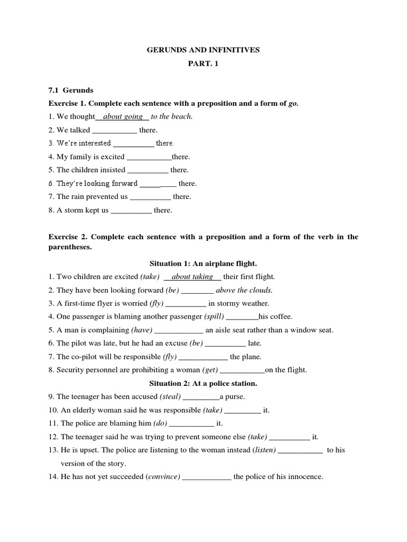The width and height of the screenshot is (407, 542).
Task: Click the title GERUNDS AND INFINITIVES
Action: click(x=203, y=50)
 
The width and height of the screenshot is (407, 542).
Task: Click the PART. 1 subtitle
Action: click(x=203, y=64)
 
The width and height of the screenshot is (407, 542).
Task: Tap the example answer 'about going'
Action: click(x=122, y=116)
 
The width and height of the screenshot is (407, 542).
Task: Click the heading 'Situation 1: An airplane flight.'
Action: click(x=203, y=263)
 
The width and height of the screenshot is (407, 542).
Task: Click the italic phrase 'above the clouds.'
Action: click(x=244, y=290)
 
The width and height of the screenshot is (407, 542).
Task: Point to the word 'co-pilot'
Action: click(x=82, y=357)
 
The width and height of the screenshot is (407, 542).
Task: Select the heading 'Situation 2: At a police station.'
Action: click(x=203, y=383)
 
